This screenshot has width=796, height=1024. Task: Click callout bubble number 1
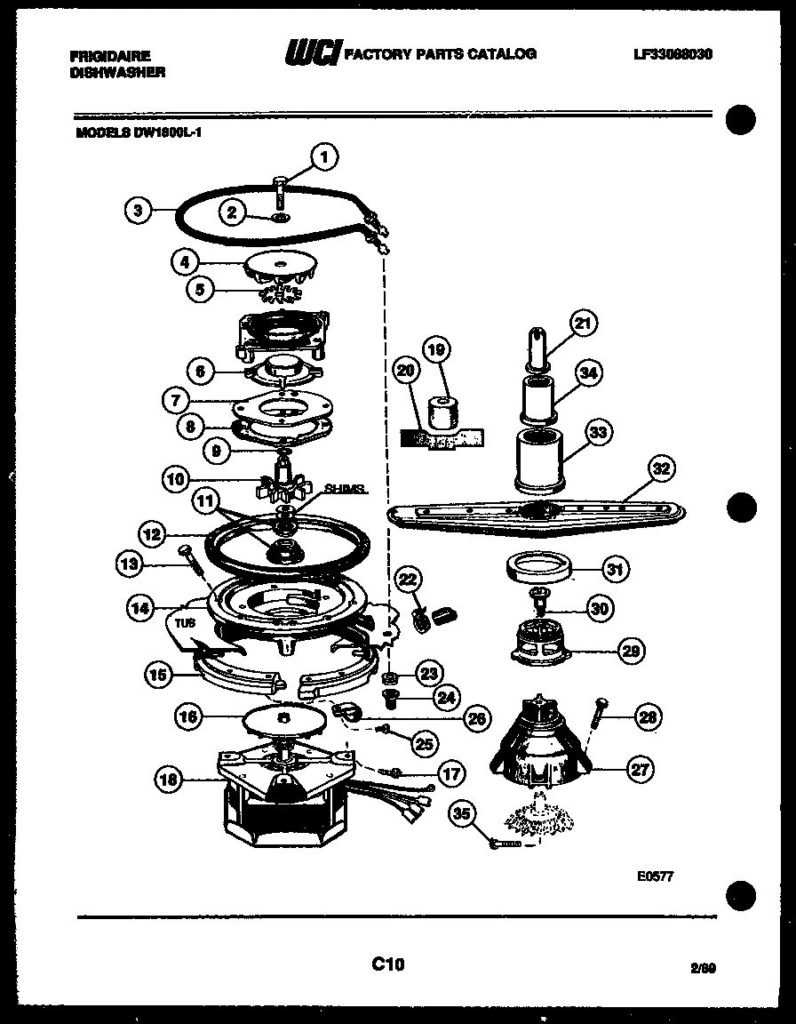pos(324,158)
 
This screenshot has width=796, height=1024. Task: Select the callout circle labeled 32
pos(662,468)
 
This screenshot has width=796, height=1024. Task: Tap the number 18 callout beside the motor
pos(170,780)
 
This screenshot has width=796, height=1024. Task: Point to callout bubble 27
pos(639,771)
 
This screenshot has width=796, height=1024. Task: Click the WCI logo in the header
pos(311,54)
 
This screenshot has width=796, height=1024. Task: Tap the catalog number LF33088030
pos(673,54)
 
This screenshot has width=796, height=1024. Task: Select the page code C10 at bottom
pos(388,964)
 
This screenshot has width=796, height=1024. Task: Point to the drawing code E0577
pos(655,876)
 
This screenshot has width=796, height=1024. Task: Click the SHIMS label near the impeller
pos(345,490)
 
